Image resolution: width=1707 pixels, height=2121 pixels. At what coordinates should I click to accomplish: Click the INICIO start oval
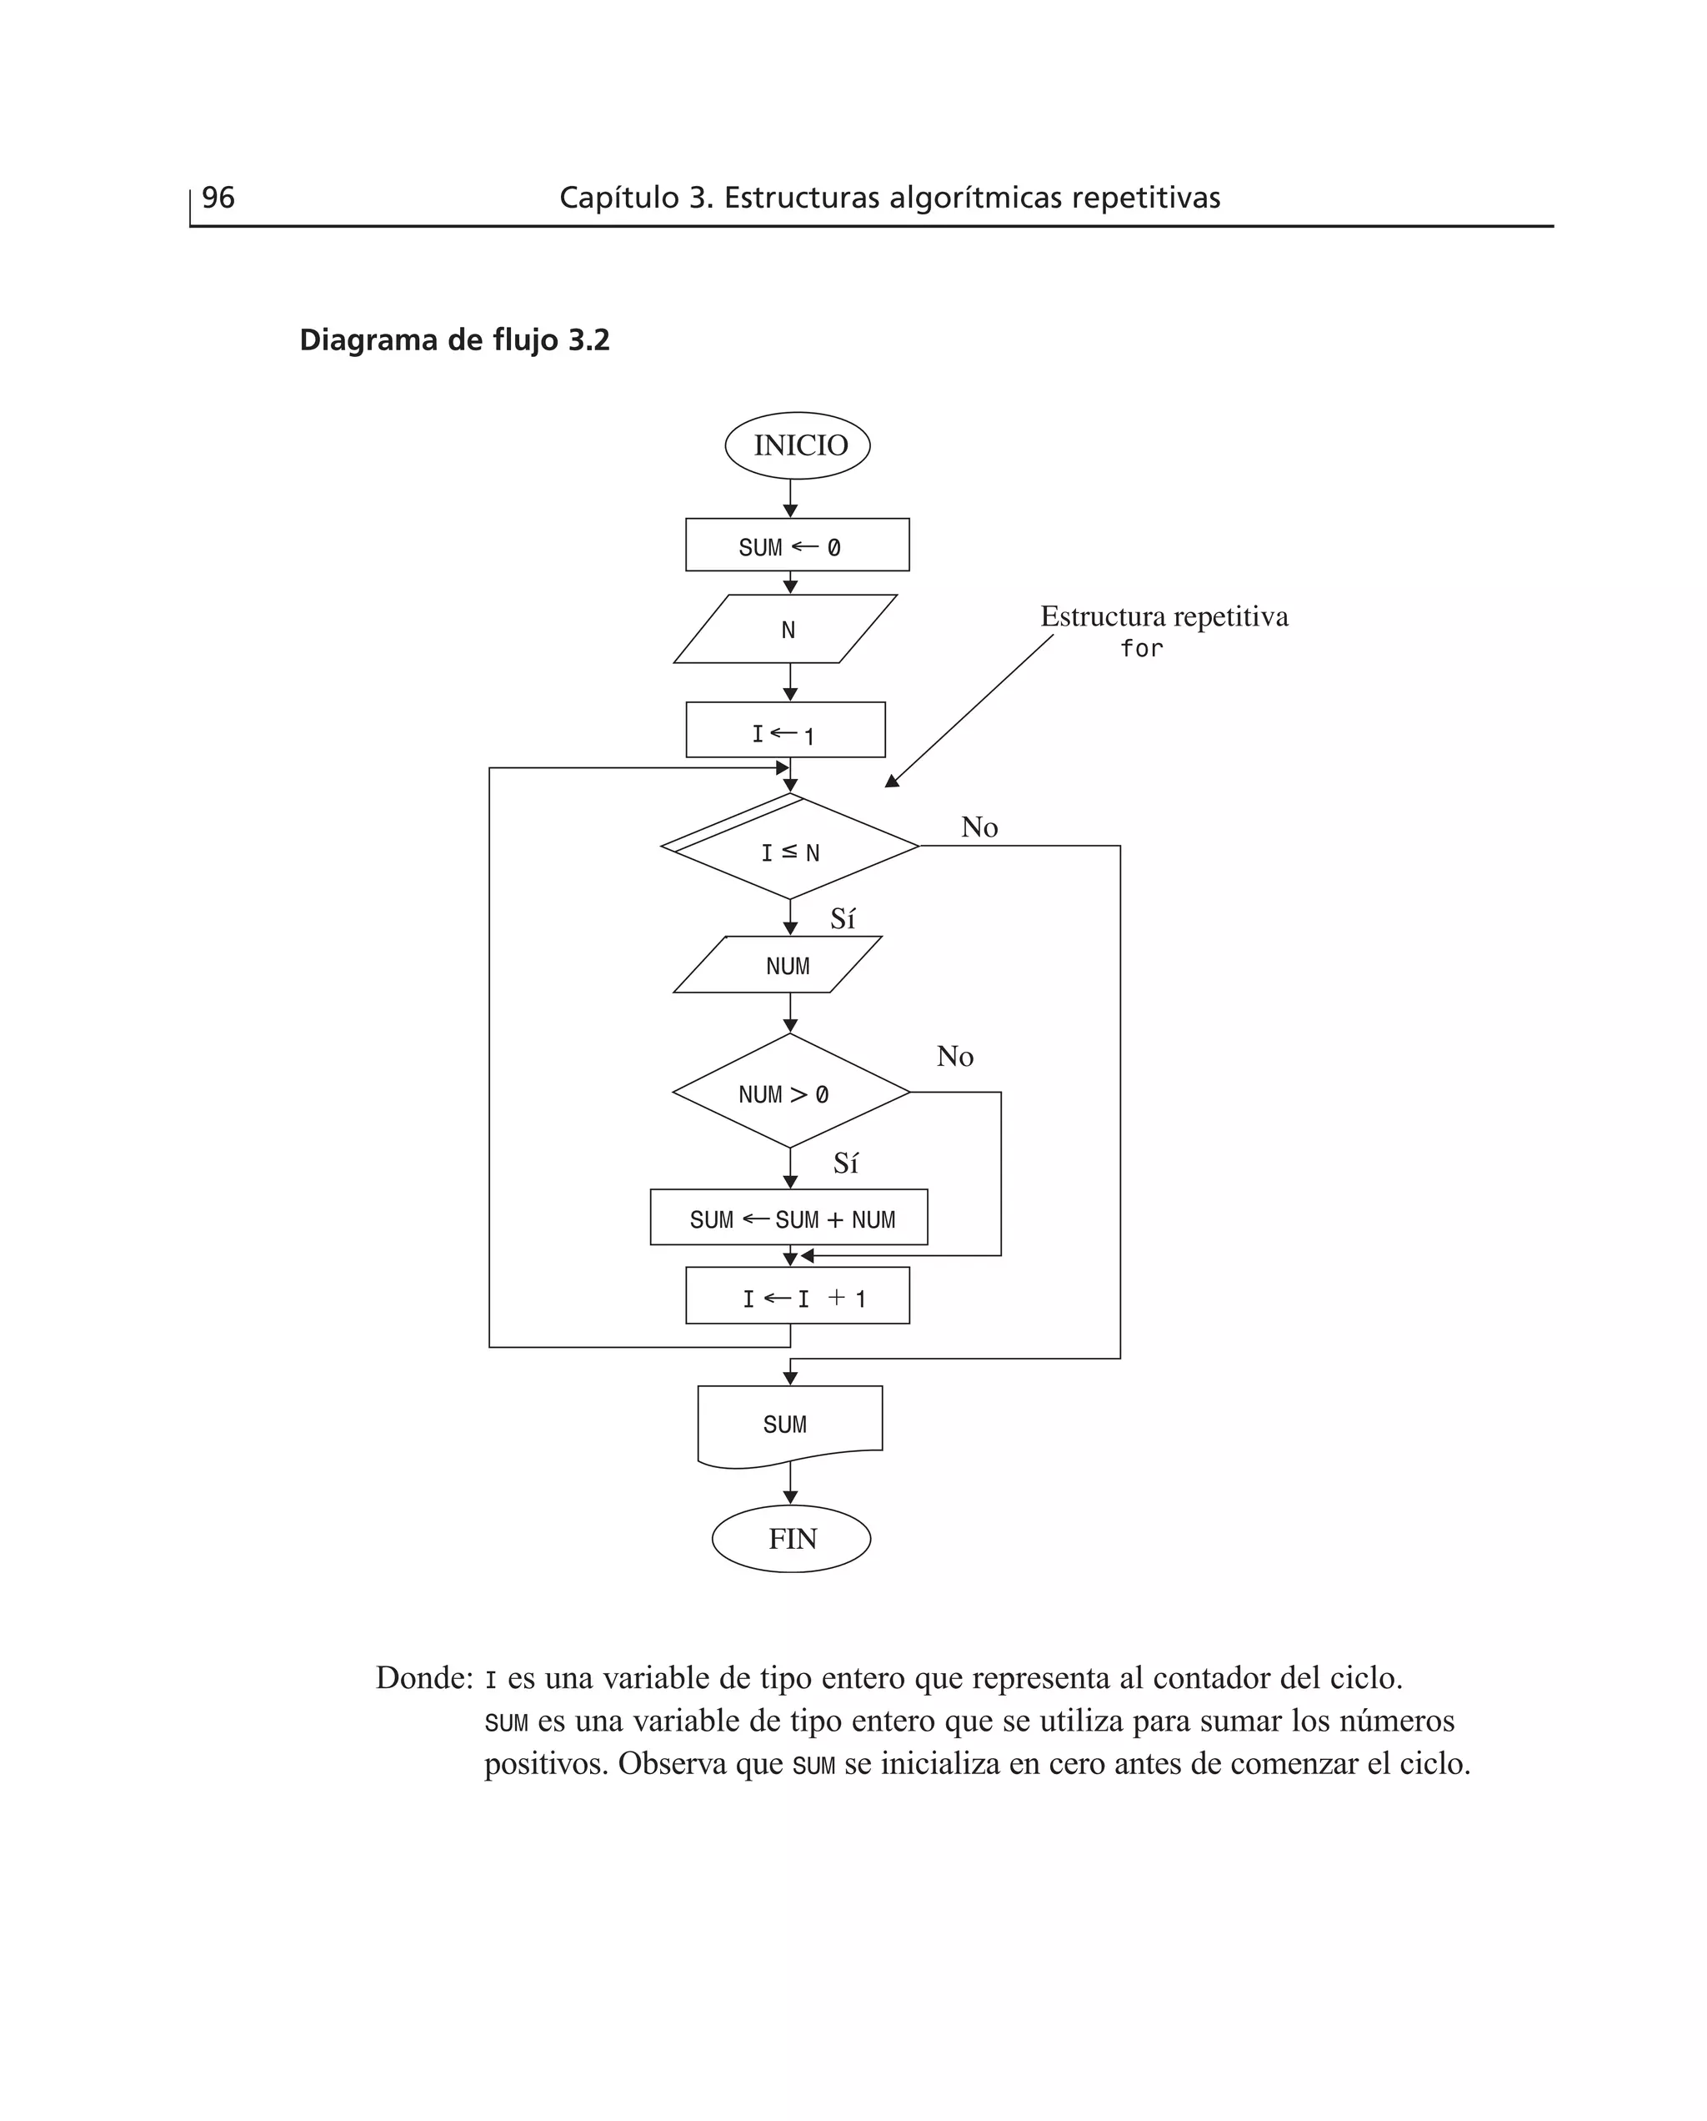coord(797,445)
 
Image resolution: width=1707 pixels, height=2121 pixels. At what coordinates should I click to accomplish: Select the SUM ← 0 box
coord(797,545)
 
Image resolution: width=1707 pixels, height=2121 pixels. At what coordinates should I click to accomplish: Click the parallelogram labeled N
coord(786,630)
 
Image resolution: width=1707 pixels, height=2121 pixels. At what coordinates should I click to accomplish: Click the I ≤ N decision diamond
coord(790,850)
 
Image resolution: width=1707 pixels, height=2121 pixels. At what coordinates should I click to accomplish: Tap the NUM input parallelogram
coord(778,965)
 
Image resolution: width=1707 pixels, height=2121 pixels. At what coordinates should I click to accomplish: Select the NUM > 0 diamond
coord(790,1092)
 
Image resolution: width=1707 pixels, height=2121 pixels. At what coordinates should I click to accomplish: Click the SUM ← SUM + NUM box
coord(788,1218)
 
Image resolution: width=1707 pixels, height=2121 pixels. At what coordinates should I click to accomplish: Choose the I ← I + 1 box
coord(797,1297)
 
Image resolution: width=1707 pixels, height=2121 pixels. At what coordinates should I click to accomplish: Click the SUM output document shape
coord(788,1424)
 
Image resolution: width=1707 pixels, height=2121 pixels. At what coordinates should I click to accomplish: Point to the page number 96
coord(218,198)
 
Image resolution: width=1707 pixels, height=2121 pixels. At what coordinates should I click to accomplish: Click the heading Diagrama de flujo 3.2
coord(454,339)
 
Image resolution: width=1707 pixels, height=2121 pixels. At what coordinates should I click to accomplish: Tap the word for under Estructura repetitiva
coord(1142,648)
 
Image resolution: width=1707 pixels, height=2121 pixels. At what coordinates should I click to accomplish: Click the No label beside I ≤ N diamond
coord(979,827)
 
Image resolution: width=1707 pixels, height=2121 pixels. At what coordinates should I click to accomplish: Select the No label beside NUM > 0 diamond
coord(955,1057)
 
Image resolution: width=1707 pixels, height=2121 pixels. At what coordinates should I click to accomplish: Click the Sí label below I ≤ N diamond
coord(843,919)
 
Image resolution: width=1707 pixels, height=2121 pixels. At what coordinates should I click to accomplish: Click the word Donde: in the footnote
coord(425,1677)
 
